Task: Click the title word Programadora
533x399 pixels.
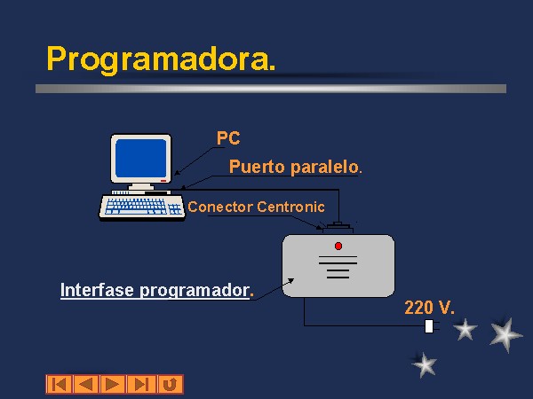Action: pos(161,59)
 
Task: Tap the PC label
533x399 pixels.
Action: pos(228,138)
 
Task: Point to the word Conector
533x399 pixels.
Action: pos(220,207)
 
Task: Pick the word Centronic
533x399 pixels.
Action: pos(291,207)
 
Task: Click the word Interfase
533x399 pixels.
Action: pos(97,290)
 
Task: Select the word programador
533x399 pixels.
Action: pos(196,291)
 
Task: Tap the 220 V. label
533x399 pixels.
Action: pos(429,308)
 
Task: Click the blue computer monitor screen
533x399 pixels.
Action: pos(140,158)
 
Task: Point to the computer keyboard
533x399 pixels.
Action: pos(142,207)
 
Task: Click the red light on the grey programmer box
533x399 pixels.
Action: pos(338,246)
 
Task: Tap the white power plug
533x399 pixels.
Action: pos(430,326)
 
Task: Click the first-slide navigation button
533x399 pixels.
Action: pos(60,385)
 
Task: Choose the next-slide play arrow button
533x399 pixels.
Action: pos(113,385)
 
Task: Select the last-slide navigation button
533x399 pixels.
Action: pos(141,385)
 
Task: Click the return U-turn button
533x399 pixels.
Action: pos(171,385)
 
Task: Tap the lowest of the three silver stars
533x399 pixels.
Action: pos(425,364)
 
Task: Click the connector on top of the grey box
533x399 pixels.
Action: pos(338,228)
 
